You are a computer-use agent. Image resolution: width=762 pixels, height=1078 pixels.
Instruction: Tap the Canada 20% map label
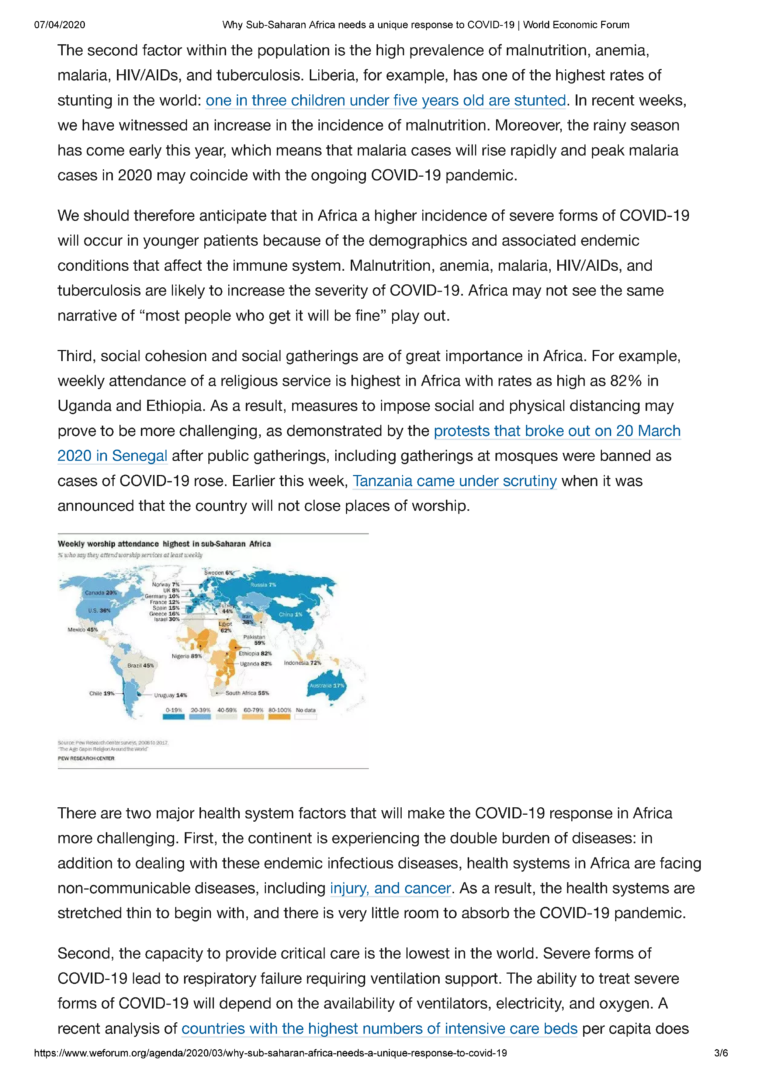[x=100, y=593]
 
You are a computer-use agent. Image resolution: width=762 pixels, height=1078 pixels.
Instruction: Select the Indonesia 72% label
[x=302, y=663]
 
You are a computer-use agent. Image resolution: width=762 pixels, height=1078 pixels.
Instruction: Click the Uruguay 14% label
[x=170, y=695]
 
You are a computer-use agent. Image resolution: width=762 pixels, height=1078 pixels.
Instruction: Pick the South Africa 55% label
[x=247, y=693]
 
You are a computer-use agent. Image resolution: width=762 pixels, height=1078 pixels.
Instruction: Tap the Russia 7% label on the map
[x=263, y=585]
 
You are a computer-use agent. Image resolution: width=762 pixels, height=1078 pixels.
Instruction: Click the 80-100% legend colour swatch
[x=279, y=717]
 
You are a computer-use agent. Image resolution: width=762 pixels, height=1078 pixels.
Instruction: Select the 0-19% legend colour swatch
[x=173, y=717]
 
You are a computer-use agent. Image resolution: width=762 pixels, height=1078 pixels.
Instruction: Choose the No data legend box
[x=306, y=717]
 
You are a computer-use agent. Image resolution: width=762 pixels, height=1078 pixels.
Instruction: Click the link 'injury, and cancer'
[x=390, y=888]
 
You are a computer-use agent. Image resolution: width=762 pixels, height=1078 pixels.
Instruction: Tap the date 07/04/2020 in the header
[x=60, y=25]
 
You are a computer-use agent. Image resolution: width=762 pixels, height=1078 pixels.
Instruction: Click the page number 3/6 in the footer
[x=721, y=1053]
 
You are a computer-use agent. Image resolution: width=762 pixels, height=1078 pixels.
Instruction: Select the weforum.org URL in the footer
[x=270, y=1053]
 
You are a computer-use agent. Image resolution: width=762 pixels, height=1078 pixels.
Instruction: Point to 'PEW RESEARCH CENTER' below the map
[x=86, y=758]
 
